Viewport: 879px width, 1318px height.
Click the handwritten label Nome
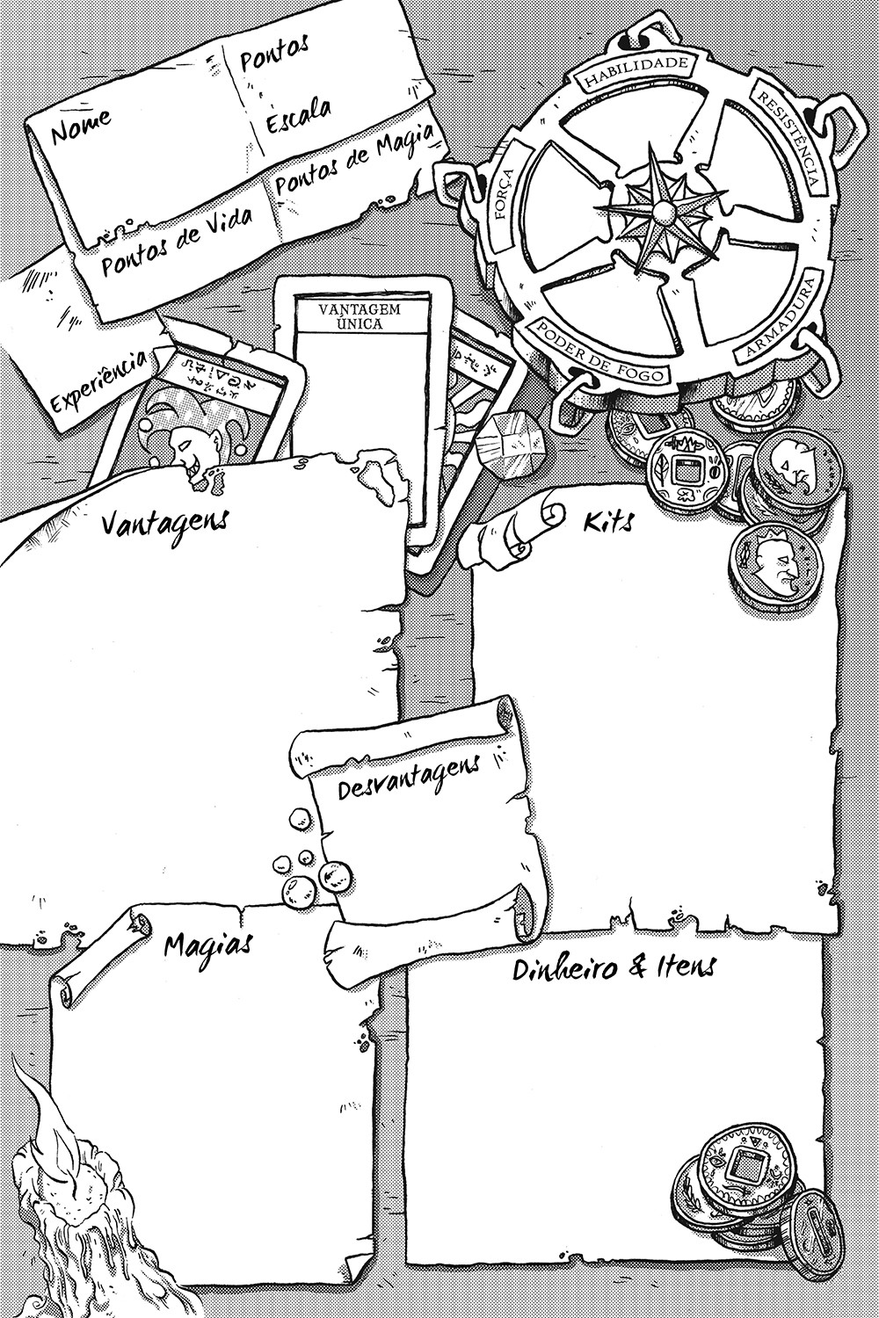(x=82, y=127)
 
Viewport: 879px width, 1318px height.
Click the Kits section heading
(x=607, y=524)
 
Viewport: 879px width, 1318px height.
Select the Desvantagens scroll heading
(x=409, y=777)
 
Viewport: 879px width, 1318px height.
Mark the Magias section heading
(x=209, y=945)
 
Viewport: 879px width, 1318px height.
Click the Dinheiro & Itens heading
(x=614, y=968)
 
